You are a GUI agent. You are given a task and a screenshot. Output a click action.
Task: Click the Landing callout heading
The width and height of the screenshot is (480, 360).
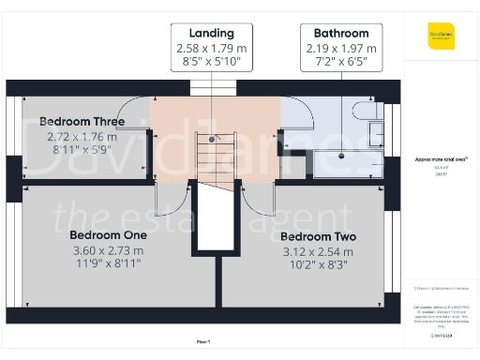(211, 32)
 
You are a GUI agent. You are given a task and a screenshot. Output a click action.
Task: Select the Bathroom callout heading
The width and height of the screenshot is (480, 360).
(341, 32)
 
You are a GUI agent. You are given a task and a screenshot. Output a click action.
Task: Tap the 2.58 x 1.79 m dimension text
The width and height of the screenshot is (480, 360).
(211, 48)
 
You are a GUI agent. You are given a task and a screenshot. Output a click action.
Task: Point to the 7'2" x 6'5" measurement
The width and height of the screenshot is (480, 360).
(341, 63)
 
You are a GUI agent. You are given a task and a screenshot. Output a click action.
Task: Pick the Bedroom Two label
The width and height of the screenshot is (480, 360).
(317, 236)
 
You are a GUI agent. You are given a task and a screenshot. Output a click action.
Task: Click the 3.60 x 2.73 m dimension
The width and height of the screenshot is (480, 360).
(109, 250)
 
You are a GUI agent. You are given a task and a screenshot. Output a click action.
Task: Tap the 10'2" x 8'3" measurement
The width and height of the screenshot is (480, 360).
(317, 266)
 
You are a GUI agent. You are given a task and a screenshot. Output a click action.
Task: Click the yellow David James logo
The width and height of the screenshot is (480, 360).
(441, 38)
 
